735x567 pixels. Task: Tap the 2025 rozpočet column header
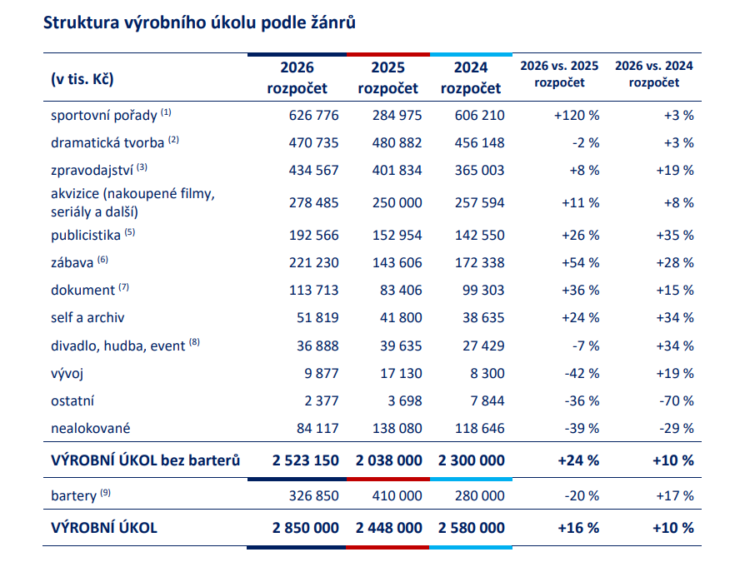click(387, 77)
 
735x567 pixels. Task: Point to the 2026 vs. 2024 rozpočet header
click(654, 74)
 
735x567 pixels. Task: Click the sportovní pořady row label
click(103, 115)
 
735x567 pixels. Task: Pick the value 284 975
click(390, 115)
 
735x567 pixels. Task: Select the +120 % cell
click(577, 115)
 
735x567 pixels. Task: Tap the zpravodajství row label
click(92, 170)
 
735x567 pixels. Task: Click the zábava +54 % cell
click(580, 262)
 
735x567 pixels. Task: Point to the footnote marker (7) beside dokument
click(123, 287)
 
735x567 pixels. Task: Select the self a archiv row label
click(87, 317)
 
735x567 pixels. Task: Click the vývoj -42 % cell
click(582, 373)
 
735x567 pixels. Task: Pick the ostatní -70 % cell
click(676, 401)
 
